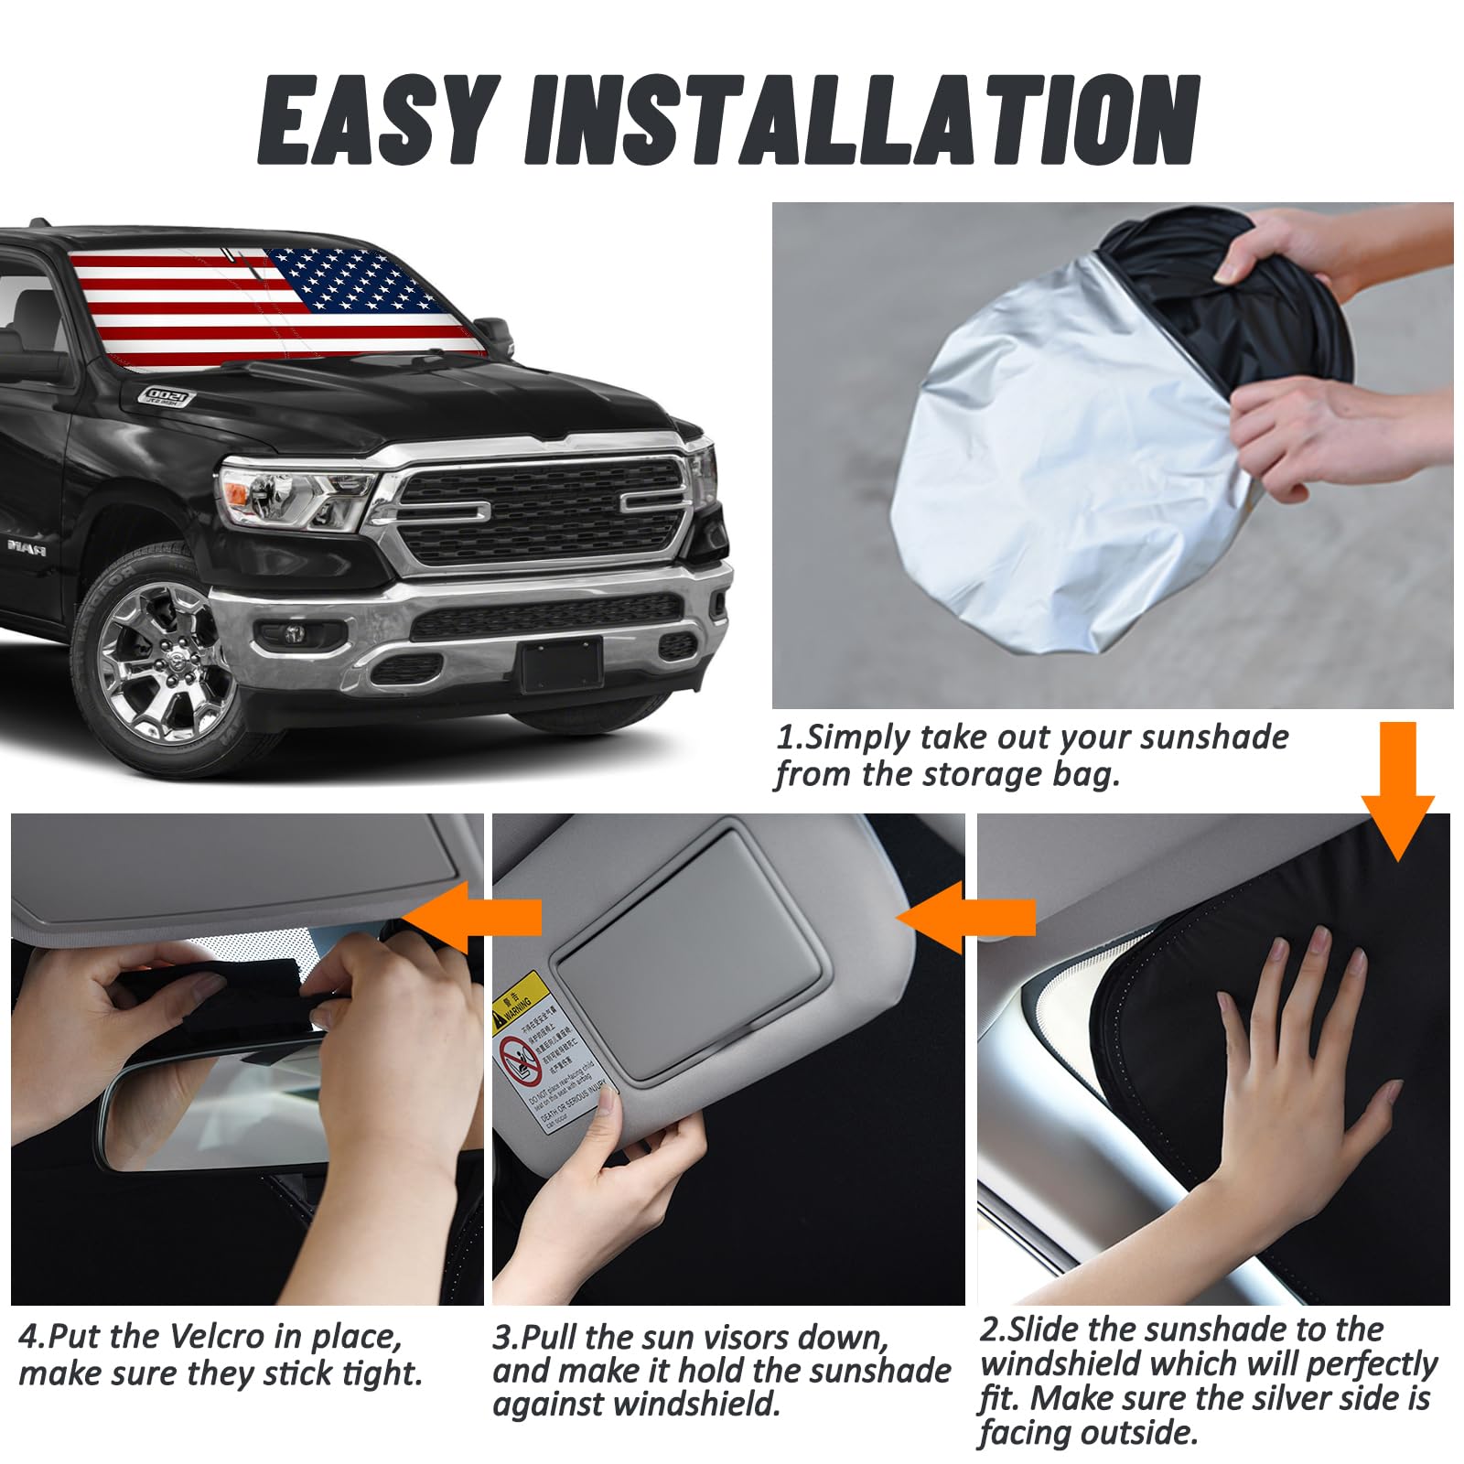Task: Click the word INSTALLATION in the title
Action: (861, 121)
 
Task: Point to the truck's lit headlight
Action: (293, 494)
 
